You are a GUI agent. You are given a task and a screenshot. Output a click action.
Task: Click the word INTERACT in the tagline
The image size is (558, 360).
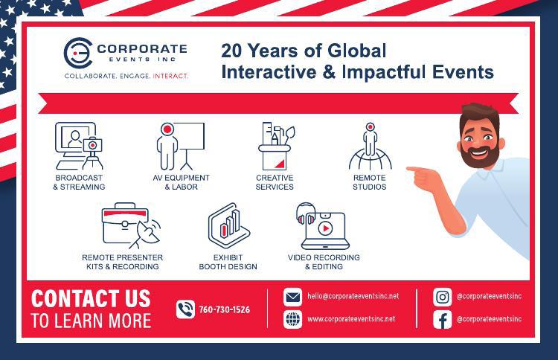tap(170, 76)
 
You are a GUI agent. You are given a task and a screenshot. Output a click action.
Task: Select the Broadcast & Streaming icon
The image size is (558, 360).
tap(79, 146)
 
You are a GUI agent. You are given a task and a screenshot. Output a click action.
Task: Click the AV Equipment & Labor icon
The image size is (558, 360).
tap(181, 146)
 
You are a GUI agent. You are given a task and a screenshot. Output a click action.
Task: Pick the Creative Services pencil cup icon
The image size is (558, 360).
tap(275, 146)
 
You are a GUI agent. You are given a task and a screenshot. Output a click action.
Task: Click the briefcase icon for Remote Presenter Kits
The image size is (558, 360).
tap(124, 223)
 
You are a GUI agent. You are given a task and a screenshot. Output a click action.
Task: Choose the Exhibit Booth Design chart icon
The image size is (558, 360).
tap(229, 225)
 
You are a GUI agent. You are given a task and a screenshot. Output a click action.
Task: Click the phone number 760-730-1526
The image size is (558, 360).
tap(225, 309)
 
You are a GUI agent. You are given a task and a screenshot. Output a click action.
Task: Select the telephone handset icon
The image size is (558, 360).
tap(185, 309)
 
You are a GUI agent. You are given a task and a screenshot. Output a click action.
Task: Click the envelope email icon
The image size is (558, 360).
tap(292, 297)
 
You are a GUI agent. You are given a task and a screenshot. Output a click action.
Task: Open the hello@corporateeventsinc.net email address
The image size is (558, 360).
tap(353, 296)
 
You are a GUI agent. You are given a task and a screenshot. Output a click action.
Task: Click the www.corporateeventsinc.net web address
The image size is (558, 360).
tap(351, 319)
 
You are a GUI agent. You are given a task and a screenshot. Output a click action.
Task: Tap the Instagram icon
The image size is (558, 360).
tap(443, 297)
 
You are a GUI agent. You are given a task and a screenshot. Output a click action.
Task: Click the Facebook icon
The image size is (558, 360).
tap(443, 319)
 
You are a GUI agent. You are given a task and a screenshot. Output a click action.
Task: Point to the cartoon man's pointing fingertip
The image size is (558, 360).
tap(408, 169)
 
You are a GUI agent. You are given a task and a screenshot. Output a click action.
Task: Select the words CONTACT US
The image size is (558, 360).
tap(91, 298)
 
